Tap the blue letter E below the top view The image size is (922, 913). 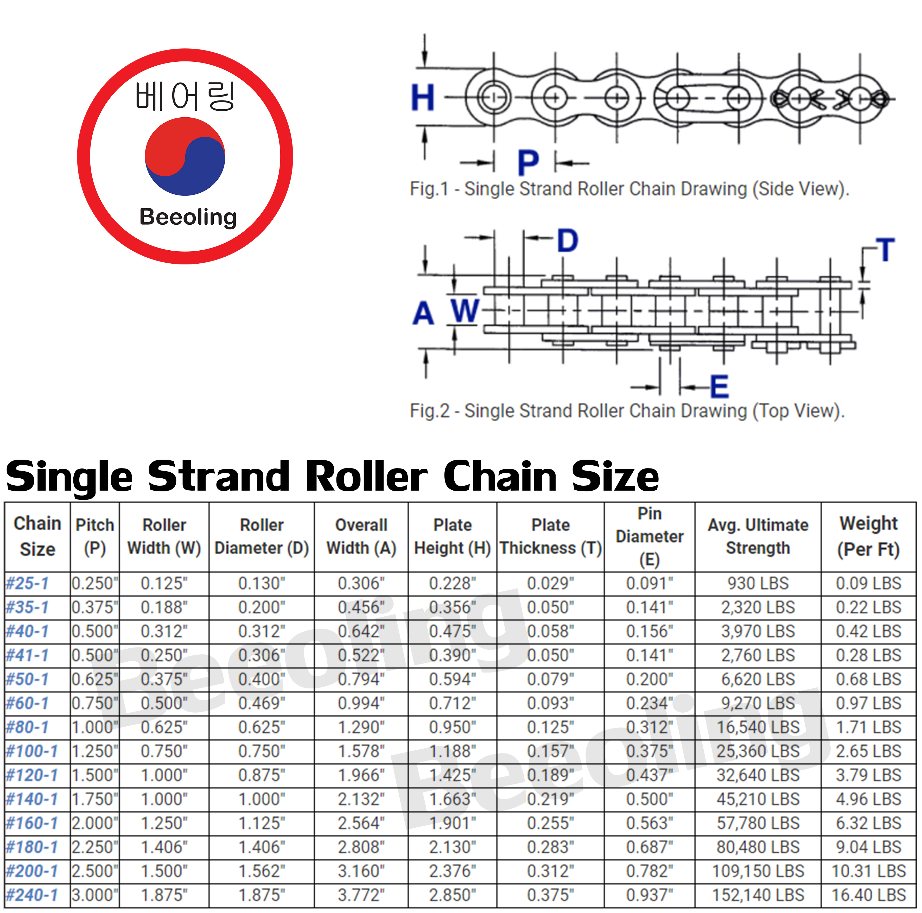coord(719,386)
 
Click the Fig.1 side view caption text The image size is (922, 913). coord(629,189)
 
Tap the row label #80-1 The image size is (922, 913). coord(28,727)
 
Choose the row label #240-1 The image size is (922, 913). coord(31,895)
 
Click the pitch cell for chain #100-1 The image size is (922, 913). coord(94,751)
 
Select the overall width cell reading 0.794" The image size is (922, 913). coord(361,679)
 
